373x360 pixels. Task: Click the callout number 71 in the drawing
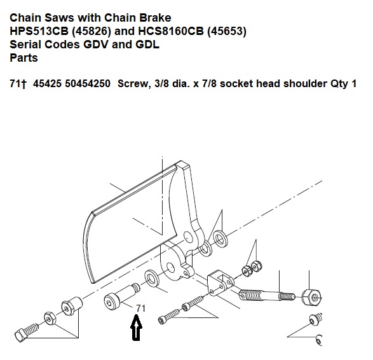point(140,308)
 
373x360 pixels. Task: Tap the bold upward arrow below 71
point(137,328)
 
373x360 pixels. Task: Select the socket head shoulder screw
point(121,294)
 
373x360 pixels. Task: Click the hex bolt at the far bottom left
point(26,331)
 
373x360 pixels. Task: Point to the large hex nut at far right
point(311,298)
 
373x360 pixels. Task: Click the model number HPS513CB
point(39,31)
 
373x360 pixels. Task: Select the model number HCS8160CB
point(171,31)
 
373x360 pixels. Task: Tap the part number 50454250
point(88,83)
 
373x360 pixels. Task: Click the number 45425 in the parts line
point(47,83)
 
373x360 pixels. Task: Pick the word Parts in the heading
point(24,58)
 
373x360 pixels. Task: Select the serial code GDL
point(147,45)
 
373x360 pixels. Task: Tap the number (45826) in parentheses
point(92,31)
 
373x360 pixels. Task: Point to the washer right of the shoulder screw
point(152,279)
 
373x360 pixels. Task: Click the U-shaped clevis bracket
point(220,282)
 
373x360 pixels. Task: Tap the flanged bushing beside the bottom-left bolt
point(72,305)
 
